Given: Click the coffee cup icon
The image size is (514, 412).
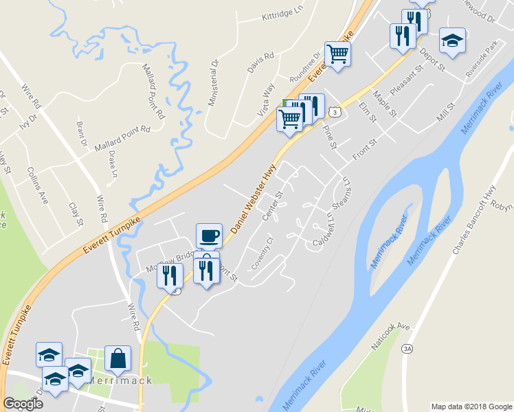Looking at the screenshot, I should tap(209, 236).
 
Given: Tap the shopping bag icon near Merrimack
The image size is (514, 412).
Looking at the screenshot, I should tap(118, 358).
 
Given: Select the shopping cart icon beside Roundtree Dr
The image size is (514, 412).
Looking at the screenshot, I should tap(337, 53).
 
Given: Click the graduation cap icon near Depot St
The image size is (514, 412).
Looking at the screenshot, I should tap(452, 40).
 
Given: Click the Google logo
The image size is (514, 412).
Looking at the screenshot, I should tap(22, 404).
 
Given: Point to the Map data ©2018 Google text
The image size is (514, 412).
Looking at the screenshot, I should tap(471, 407).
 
